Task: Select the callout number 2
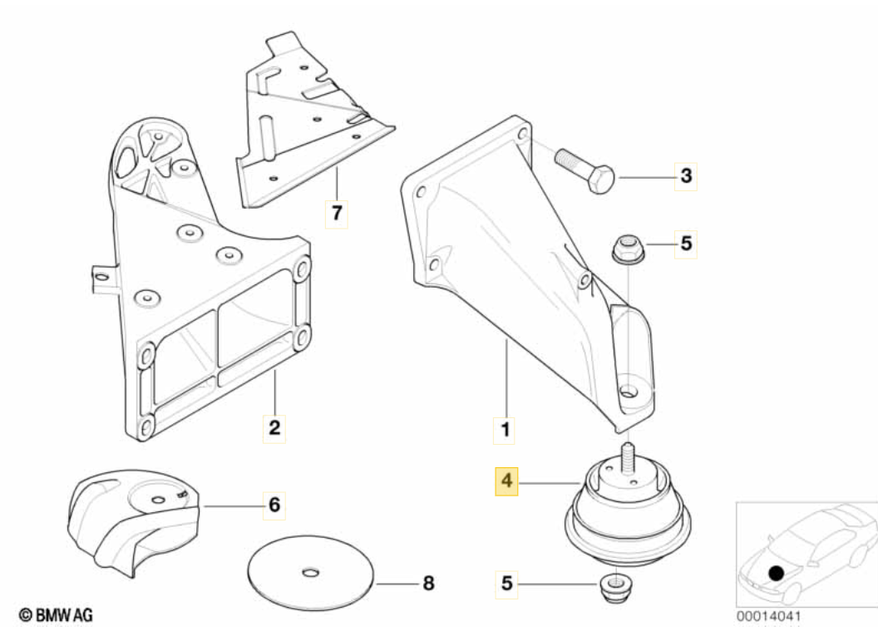coord(274,429)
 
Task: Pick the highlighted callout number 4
coord(506,481)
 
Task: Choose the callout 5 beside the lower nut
coord(506,584)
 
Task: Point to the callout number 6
coord(274,503)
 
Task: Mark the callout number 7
coord(336,213)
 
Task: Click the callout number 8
coord(428,584)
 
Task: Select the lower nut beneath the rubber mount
coord(616,588)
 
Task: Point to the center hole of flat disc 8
coord(311,573)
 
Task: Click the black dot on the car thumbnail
coord(776,573)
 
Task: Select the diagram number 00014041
coord(769,618)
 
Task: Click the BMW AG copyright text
coord(56,615)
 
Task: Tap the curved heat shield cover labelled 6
coord(133,520)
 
